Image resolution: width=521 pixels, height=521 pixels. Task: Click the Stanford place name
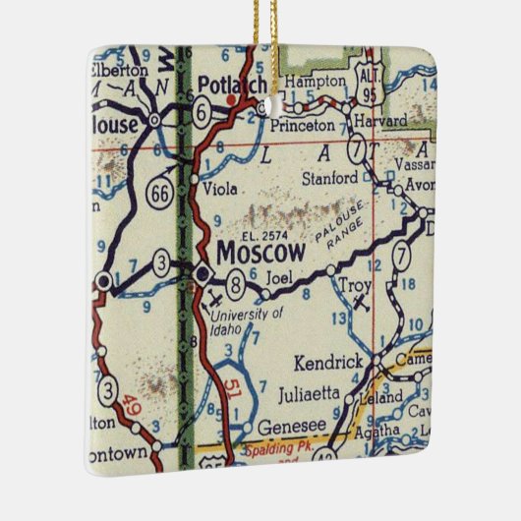(x=329, y=178)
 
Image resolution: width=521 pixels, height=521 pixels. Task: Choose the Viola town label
(x=219, y=184)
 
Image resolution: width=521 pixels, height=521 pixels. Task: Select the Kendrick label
(x=328, y=363)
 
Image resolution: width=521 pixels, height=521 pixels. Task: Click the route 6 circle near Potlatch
(x=200, y=114)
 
